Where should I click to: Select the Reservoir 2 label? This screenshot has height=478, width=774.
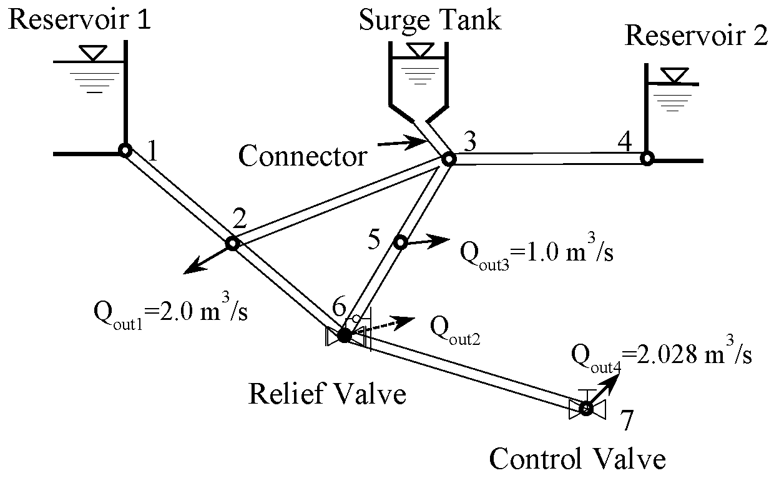(x=697, y=36)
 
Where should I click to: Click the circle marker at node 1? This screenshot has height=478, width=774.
(x=124, y=150)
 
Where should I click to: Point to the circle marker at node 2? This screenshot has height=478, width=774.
(x=232, y=243)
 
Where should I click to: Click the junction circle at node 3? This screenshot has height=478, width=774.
(x=448, y=159)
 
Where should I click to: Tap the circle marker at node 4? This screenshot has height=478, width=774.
(x=647, y=159)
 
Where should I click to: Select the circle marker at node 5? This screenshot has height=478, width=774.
(x=400, y=242)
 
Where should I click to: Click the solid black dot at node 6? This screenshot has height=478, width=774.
(x=344, y=336)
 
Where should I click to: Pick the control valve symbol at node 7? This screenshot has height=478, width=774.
(x=586, y=409)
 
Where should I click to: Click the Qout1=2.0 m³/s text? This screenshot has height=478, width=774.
(x=170, y=310)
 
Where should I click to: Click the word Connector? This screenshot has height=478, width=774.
(x=303, y=156)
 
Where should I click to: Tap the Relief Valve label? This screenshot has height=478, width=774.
(x=327, y=394)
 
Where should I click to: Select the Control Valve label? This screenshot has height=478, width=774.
(x=577, y=460)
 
